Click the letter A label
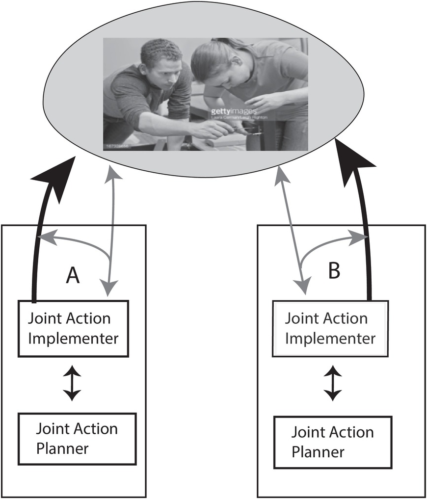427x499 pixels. tap(73, 276)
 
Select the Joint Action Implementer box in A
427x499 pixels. tap(73, 328)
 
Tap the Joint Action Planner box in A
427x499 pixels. tap(77, 438)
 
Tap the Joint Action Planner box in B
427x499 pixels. tap(333, 442)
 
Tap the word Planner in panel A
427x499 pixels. tap(62, 447)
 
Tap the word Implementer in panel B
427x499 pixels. tap(330, 338)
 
